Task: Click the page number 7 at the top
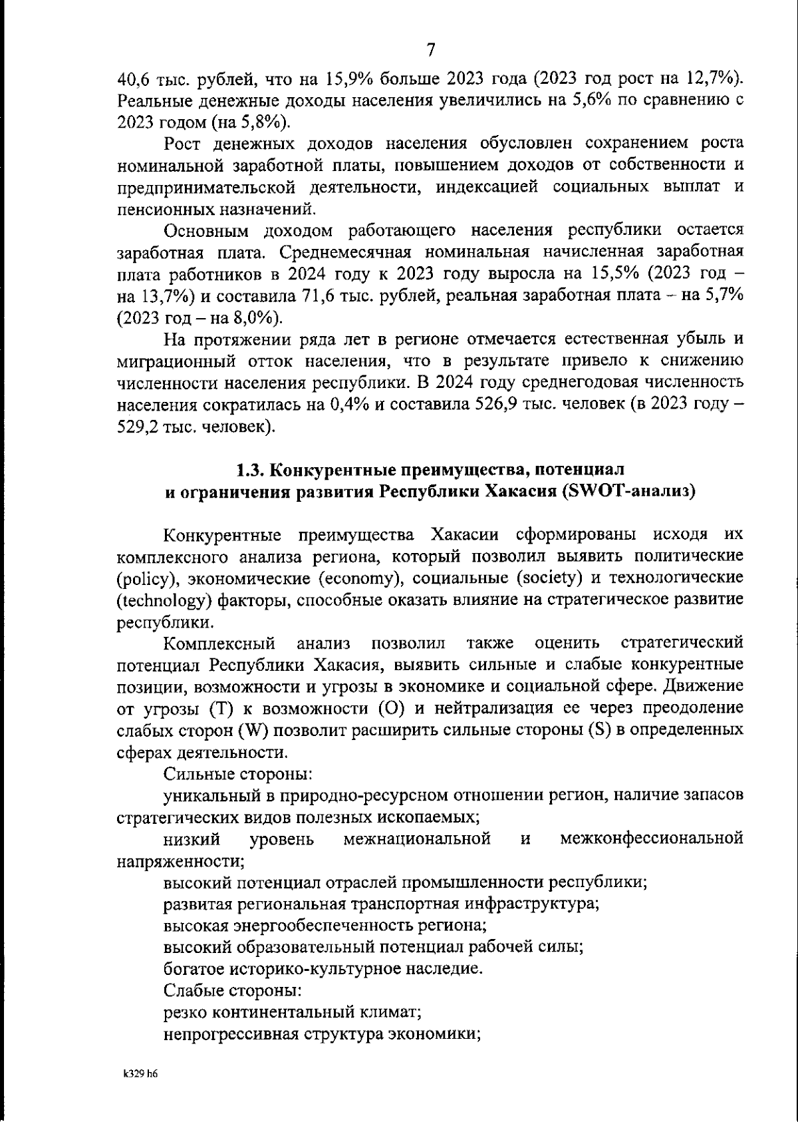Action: [x=430, y=50]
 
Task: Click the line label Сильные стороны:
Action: [x=238, y=774]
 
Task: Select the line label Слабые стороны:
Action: [x=233, y=990]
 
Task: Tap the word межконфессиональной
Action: [x=651, y=839]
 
